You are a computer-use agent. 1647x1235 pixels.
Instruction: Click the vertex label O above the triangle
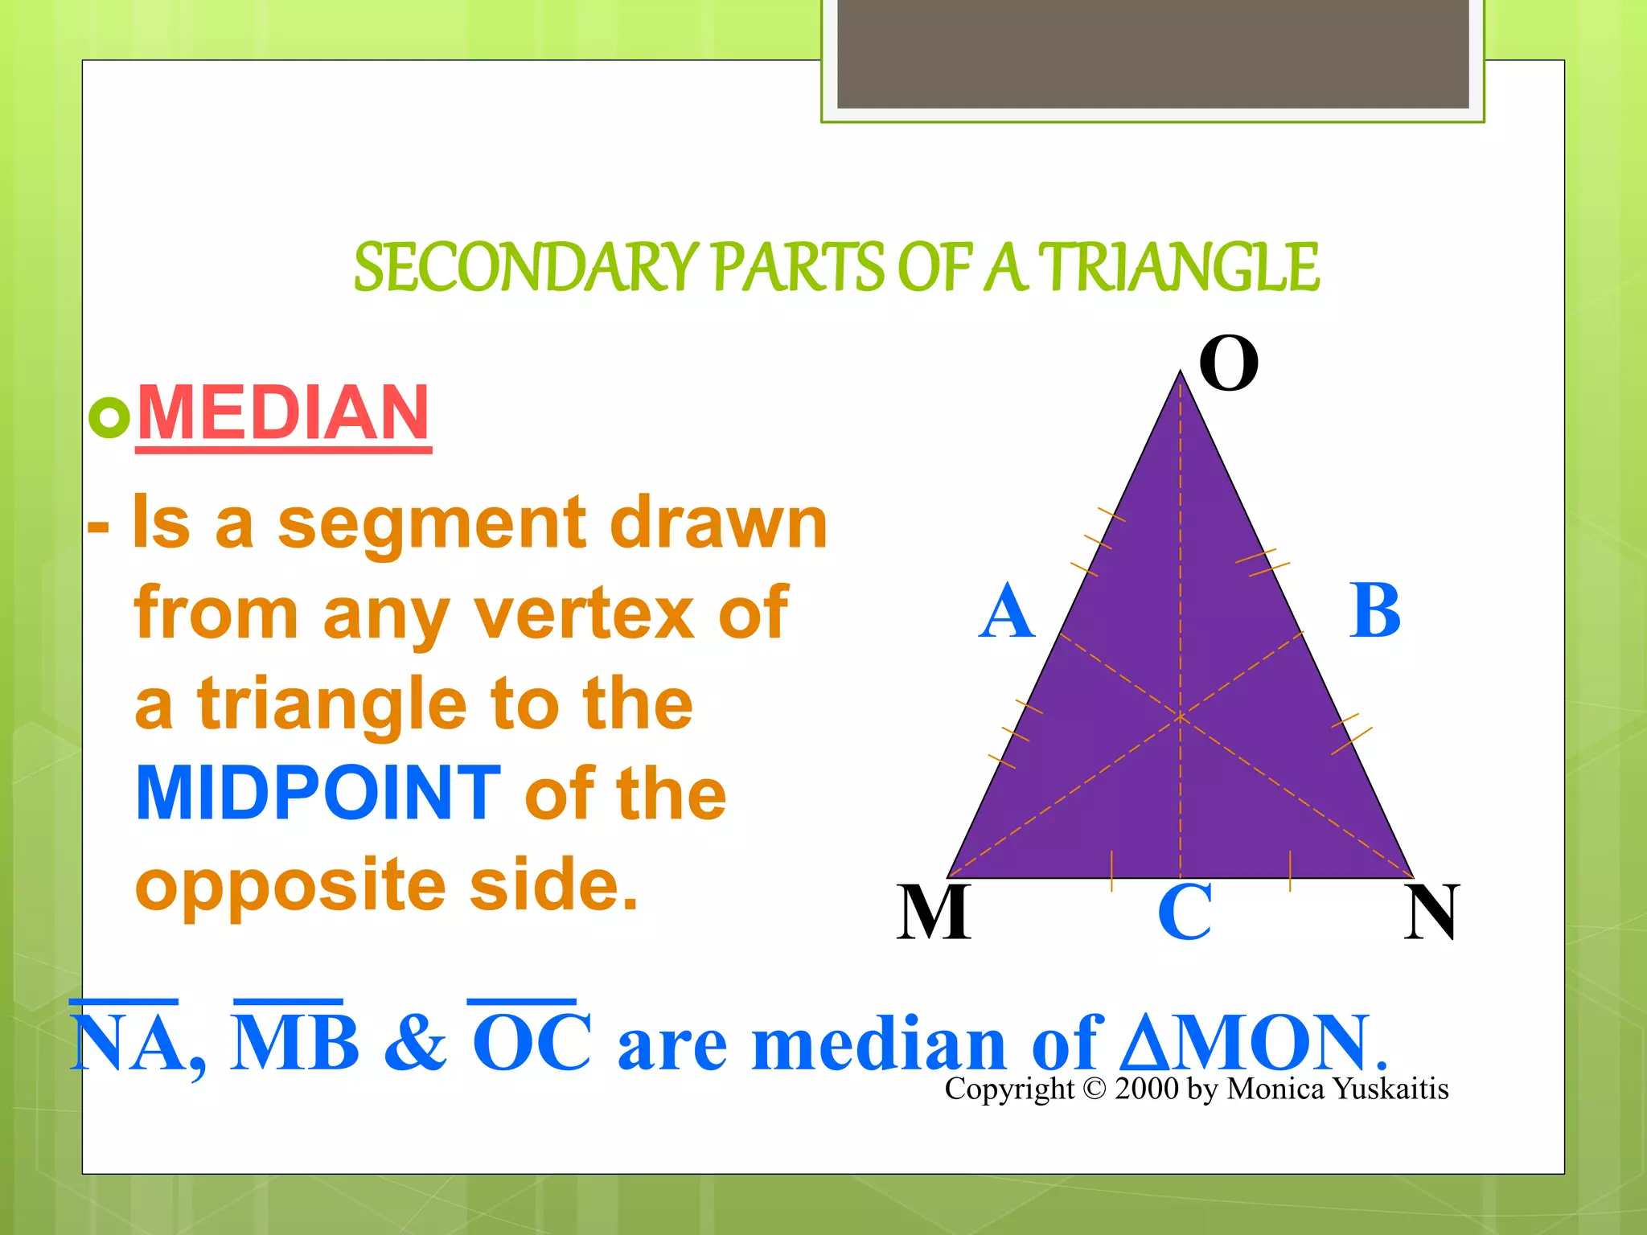click(x=1228, y=363)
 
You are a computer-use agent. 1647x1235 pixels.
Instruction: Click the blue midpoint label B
click(x=1374, y=611)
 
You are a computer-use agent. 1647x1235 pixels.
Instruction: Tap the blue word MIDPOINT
click(x=318, y=794)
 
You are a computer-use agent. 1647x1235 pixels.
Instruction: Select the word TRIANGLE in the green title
click(x=1178, y=268)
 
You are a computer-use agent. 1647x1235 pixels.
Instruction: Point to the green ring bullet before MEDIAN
click(x=109, y=417)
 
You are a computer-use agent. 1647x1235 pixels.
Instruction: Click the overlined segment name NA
click(x=125, y=1042)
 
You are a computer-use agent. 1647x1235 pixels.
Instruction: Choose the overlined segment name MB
click(x=294, y=1042)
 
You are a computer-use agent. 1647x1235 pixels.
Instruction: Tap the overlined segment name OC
click(x=532, y=1042)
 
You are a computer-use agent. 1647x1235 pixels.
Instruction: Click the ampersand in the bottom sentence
click(x=415, y=1044)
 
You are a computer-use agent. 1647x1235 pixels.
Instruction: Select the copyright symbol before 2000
click(x=1095, y=1089)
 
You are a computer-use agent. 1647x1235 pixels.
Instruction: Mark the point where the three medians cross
click(x=1181, y=715)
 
